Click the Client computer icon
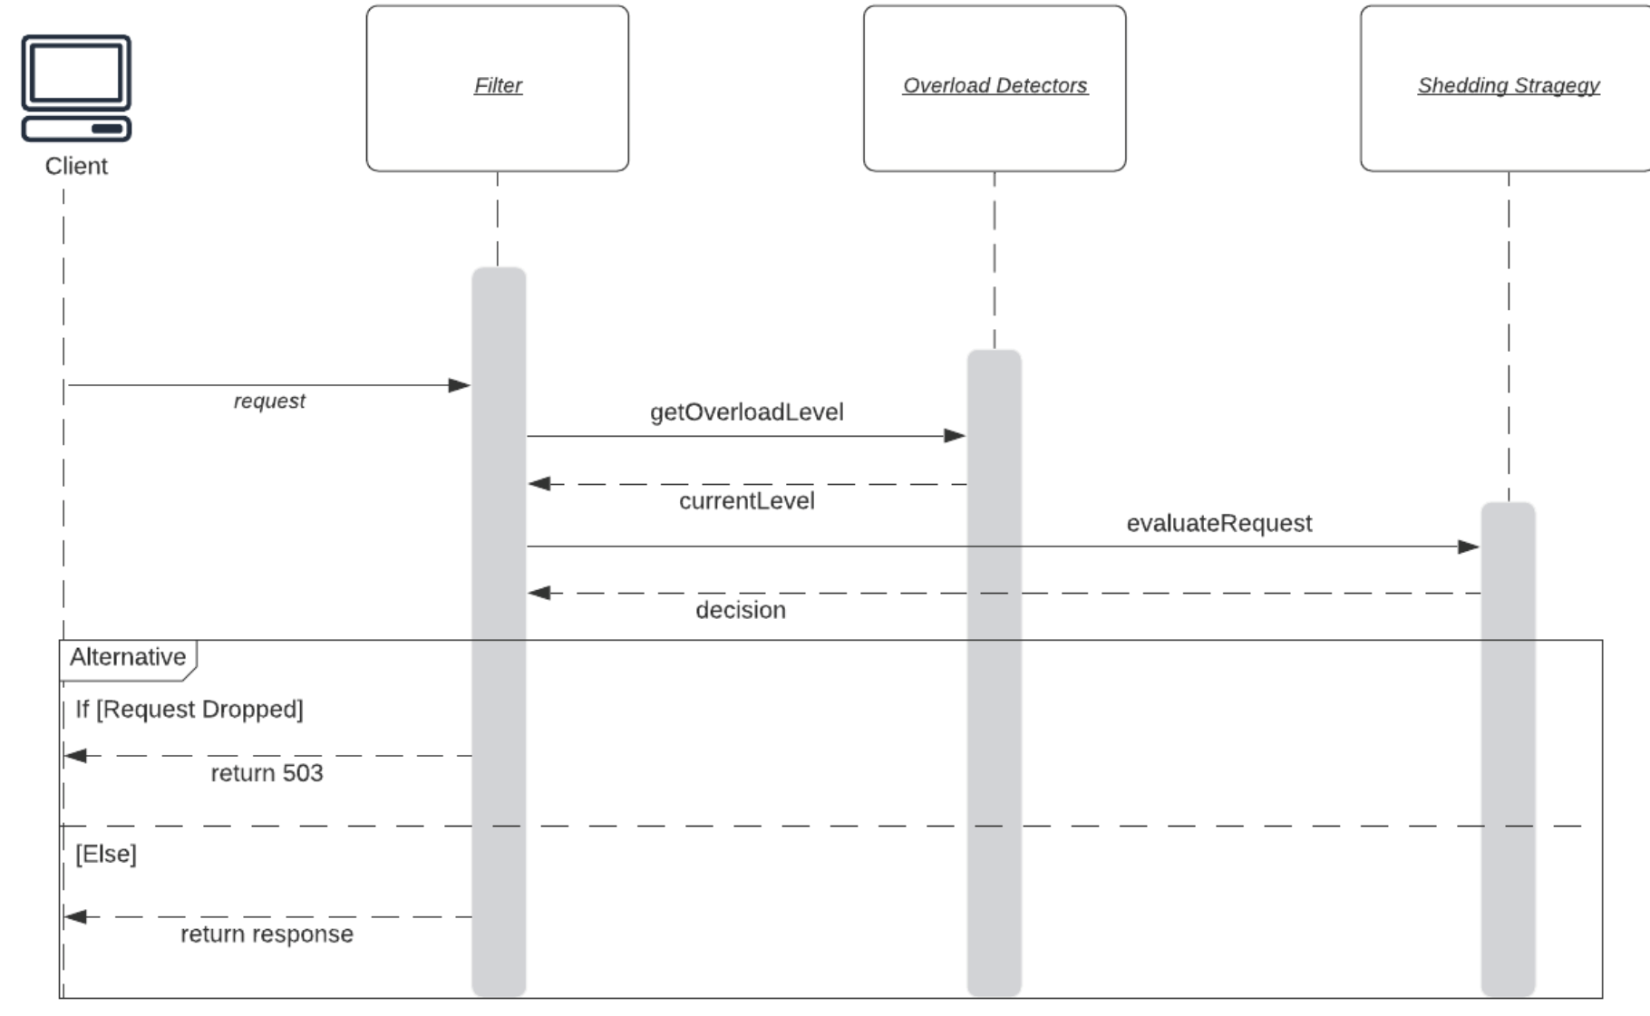click(x=76, y=88)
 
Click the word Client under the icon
click(x=76, y=166)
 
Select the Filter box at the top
click(x=497, y=88)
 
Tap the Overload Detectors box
click(x=995, y=88)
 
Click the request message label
click(x=269, y=401)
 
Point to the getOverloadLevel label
click(x=746, y=412)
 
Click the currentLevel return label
click(x=746, y=501)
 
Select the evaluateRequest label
click(x=1218, y=523)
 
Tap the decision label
click(x=740, y=610)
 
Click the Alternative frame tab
click(x=128, y=658)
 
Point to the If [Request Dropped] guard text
click(x=189, y=709)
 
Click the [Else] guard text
click(x=105, y=854)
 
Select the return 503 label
click(x=267, y=773)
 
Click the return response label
click(x=267, y=934)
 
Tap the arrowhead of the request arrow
click(x=460, y=385)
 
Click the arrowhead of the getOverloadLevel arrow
click(x=955, y=436)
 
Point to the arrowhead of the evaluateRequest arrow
click(x=1469, y=547)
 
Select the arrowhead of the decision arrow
click(x=539, y=593)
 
